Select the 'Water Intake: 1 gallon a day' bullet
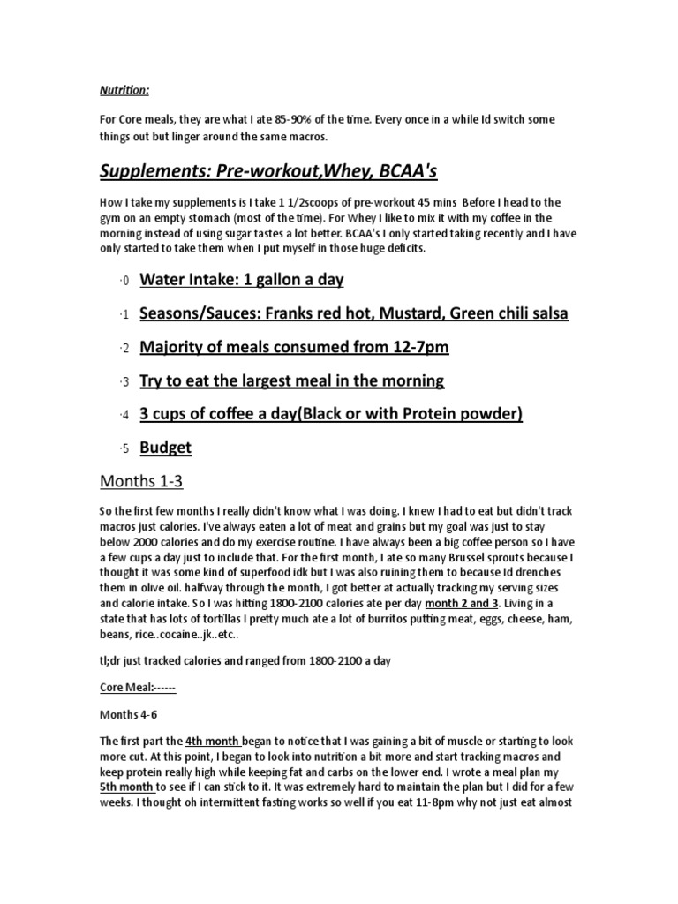pos(242,280)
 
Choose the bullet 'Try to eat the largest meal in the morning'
pos(292,380)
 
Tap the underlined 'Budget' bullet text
pos(166,448)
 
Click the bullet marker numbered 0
pos(124,282)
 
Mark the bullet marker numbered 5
pos(124,449)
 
